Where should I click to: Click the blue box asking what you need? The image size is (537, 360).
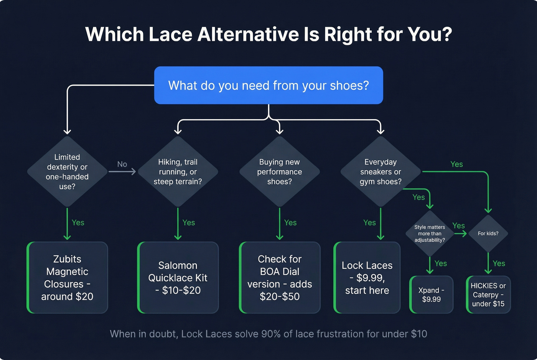pyautogui.click(x=268, y=85)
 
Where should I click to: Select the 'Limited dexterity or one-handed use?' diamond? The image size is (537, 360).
pyautogui.click(x=67, y=172)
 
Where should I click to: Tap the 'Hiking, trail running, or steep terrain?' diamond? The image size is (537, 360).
pyautogui.click(x=178, y=172)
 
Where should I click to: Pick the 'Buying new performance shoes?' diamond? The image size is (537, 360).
pyautogui.click(x=280, y=172)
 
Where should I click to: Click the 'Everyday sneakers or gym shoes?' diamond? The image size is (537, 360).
pyautogui.click(x=381, y=172)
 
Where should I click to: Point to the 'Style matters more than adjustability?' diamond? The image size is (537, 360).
pyautogui.click(x=430, y=233)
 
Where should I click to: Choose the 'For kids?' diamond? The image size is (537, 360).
pyautogui.click(x=488, y=233)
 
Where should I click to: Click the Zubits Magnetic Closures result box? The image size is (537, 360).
pyautogui.click(x=67, y=278)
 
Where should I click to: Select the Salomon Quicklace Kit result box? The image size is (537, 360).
pyautogui.click(x=178, y=278)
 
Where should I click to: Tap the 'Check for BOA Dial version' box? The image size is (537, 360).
pyautogui.click(x=280, y=278)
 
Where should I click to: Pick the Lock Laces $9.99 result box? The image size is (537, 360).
pyautogui.click(x=367, y=278)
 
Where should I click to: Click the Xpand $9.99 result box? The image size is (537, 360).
pyautogui.click(x=432, y=294)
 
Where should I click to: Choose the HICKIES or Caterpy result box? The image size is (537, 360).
pyautogui.click(x=488, y=294)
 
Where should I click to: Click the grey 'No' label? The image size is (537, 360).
pyautogui.click(x=122, y=164)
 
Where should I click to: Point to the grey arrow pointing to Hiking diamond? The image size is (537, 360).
pyautogui.click(x=122, y=172)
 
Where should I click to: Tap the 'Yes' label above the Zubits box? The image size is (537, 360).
pyautogui.click(x=78, y=223)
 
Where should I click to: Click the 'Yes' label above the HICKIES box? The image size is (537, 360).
pyautogui.click(x=499, y=263)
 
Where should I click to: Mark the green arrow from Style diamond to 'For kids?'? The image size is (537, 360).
pyautogui.click(x=460, y=233)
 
